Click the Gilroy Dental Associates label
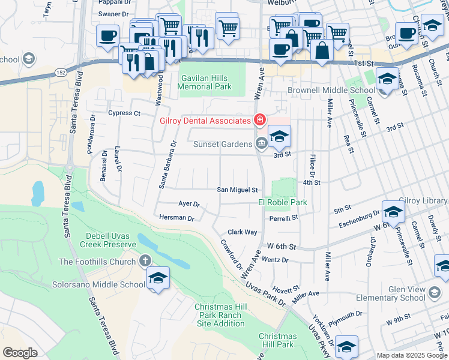pyautogui.click(x=205, y=120)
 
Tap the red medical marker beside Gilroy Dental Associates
pyautogui.click(x=259, y=120)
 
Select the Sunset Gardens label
pyautogui.click(x=223, y=144)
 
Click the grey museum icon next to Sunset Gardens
pyautogui.click(x=262, y=143)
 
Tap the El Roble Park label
pyautogui.click(x=283, y=203)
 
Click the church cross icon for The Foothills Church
pyautogui.click(x=144, y=261)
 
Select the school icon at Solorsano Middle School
pyautogui.click(x=158, y=278)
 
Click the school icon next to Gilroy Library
pyautogui.click(x=393, y=212)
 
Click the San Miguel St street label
pyautogui.click(x=237, y=190)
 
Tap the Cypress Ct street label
pyautogui.click(x=124, y=113)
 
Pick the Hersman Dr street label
pyautogui.click(x=176, y=218)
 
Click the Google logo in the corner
pyautogui.click(x=20, y=353)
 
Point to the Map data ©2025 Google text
pyautogui.click(x=412, y=355)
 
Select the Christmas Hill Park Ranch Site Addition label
pyautogui.click(x=220, y=315)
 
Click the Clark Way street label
pyautogui.click(x=242, y=232)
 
